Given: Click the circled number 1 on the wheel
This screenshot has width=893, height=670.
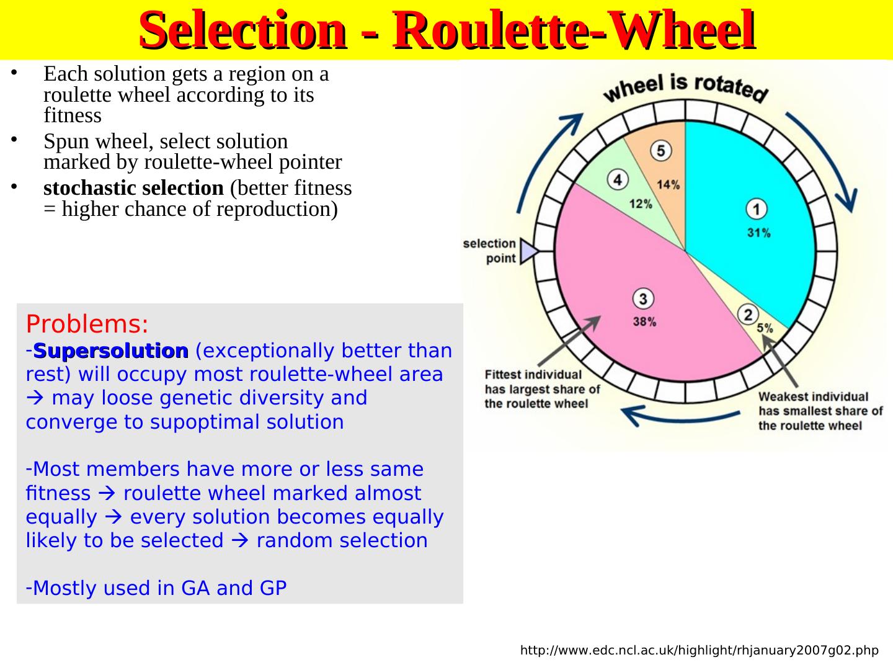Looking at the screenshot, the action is click(x=756, y=210).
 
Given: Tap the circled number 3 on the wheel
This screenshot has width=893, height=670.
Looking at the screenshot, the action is click(x=642, y=299).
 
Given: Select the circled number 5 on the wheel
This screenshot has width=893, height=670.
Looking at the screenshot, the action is click(x=660, y=150).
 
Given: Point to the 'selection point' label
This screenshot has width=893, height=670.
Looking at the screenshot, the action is click(x=490, y=251).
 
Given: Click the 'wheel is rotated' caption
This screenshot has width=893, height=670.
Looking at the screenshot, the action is click(x=686, y=87).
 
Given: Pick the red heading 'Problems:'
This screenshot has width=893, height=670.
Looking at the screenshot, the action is click(x=87, y=324).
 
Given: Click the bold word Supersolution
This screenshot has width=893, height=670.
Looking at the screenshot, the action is click(x=111, y=351).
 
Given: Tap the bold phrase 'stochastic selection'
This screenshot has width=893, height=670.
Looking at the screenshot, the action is click(x=133, y=187).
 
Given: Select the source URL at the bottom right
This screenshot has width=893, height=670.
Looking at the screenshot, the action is click(x=699, y=651).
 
